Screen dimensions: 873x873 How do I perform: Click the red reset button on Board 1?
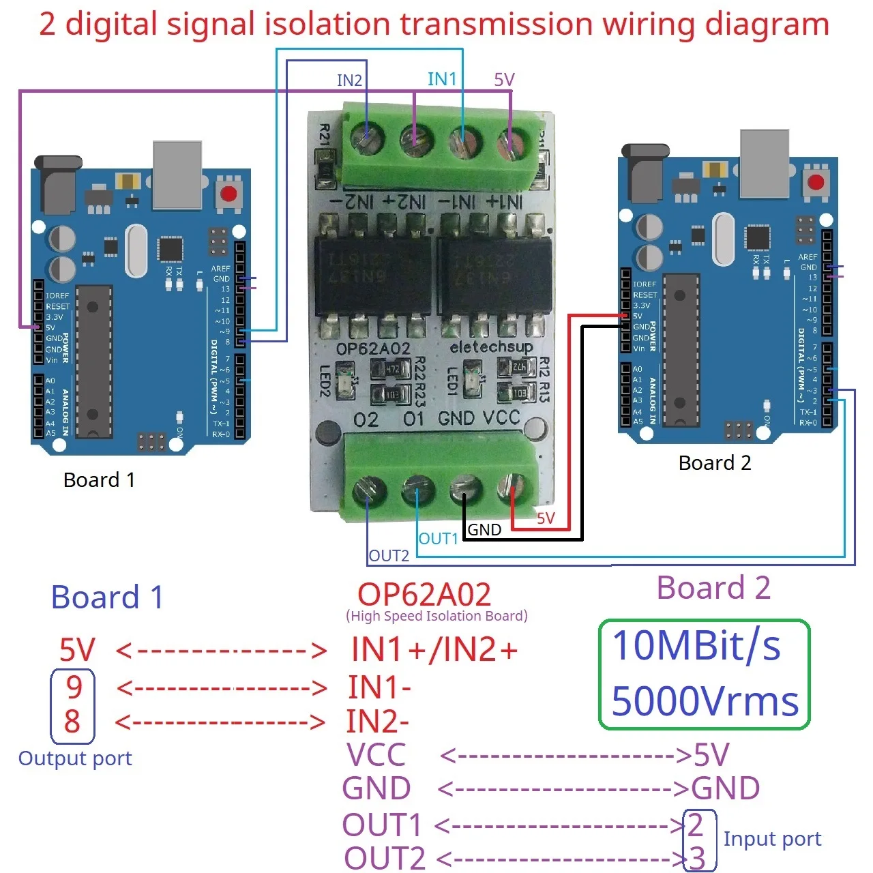pyautogui.click(x=228, y=193)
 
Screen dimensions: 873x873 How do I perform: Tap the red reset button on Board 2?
pyautogui.click(x=816, y=182)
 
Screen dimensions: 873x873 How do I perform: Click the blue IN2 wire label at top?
pyautogui.click(x=349, y=80)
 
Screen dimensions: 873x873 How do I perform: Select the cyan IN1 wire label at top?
pyautogui.click(x=442, y=79)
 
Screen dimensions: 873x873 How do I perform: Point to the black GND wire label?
pyautogui.click(x=484, y=530)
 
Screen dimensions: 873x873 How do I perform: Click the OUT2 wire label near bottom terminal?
pyautogui.click(x=389, y=556)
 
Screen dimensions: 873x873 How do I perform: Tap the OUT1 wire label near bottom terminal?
pyautogui.click(x=438, y=539)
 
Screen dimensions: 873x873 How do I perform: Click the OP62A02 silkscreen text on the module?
pyautogui.click(x=373, y=349)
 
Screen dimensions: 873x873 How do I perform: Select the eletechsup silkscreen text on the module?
pyautogui.click(x=491, y=347)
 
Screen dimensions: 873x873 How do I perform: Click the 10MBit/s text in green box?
pyautogui.click(x=696, y=646)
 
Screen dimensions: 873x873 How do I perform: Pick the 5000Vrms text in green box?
pyautogui.click(x=705, y=701)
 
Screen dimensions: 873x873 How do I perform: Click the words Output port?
pyautogui.click(x=75, y=758)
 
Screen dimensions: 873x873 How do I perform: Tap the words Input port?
pyautogui.click(x=772, y=839)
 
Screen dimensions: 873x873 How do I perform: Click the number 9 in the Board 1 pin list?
pyautogui.click(x=74, y=687)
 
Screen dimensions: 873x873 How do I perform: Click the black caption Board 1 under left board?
pyautogui.click(x=99, y=480)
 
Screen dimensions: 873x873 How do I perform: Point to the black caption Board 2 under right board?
pyautogui.click(x=715, y=463)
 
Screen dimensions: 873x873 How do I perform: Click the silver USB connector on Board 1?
pyautogui.click(x=177, y=174)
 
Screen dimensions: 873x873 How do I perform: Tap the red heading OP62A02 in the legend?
pyautogui.click(x=424, y=595)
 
